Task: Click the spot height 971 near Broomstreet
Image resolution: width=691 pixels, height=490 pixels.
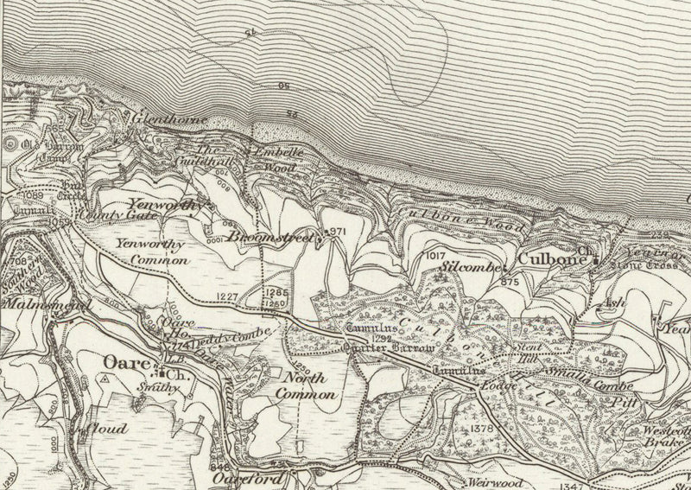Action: (336, 232)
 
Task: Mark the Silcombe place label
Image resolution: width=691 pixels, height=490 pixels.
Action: (470, 269)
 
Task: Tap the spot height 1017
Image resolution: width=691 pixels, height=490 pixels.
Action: (437, 257)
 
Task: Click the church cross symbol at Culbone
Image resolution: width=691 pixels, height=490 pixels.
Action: (595, 258)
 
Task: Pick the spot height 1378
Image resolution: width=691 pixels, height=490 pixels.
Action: (482, 430)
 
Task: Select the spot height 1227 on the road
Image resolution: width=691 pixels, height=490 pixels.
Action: (227, 296)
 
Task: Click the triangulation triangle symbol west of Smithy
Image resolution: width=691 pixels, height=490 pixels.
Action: (105, 379)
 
